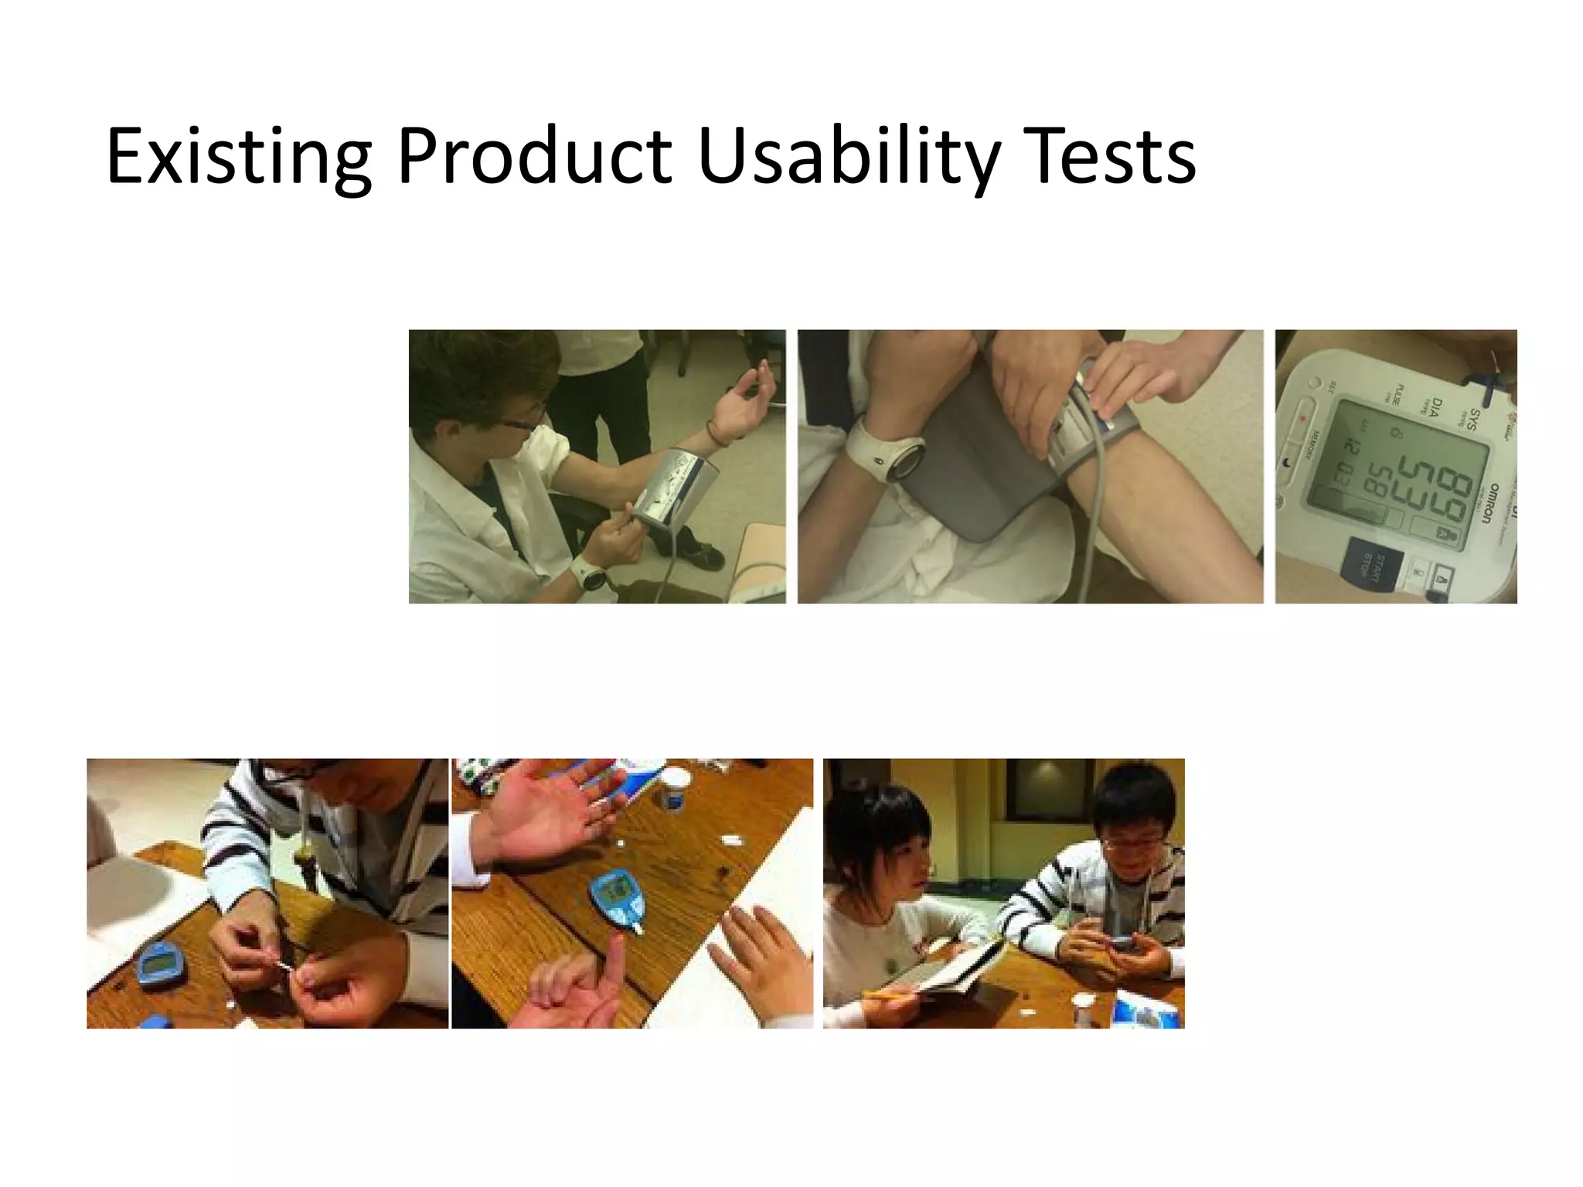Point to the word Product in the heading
click(533, 157)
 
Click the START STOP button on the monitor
click(1370, 567)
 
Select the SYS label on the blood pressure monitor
click(1471, 419)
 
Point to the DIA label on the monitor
click(1435, 408)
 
